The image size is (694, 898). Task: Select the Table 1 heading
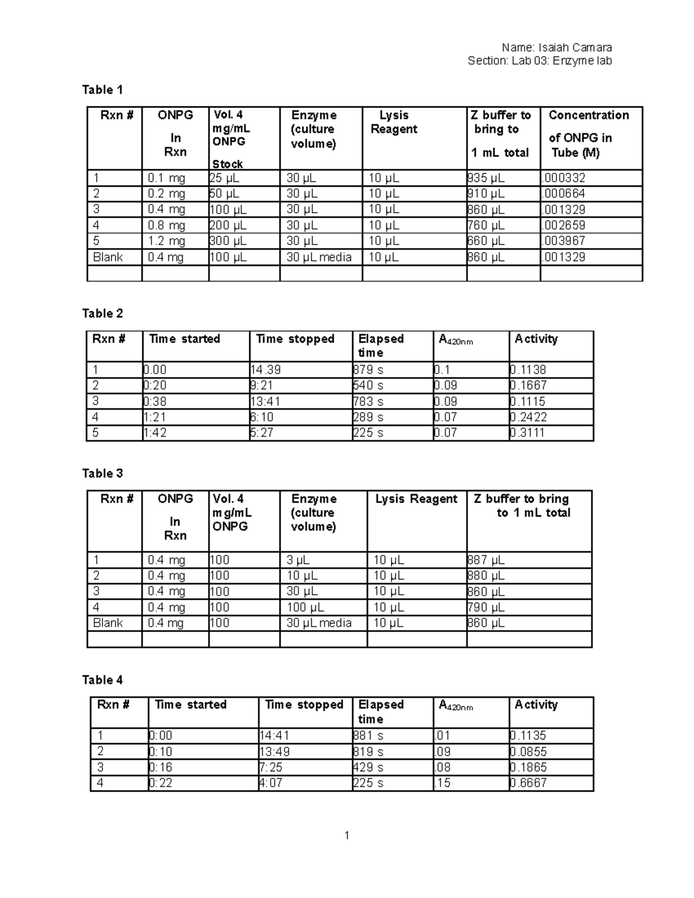tap(102, 90)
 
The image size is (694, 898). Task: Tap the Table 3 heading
tap(102, 474)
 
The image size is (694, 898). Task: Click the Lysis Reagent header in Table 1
tap(394, 122)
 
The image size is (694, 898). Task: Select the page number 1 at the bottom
tap(346, 835)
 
